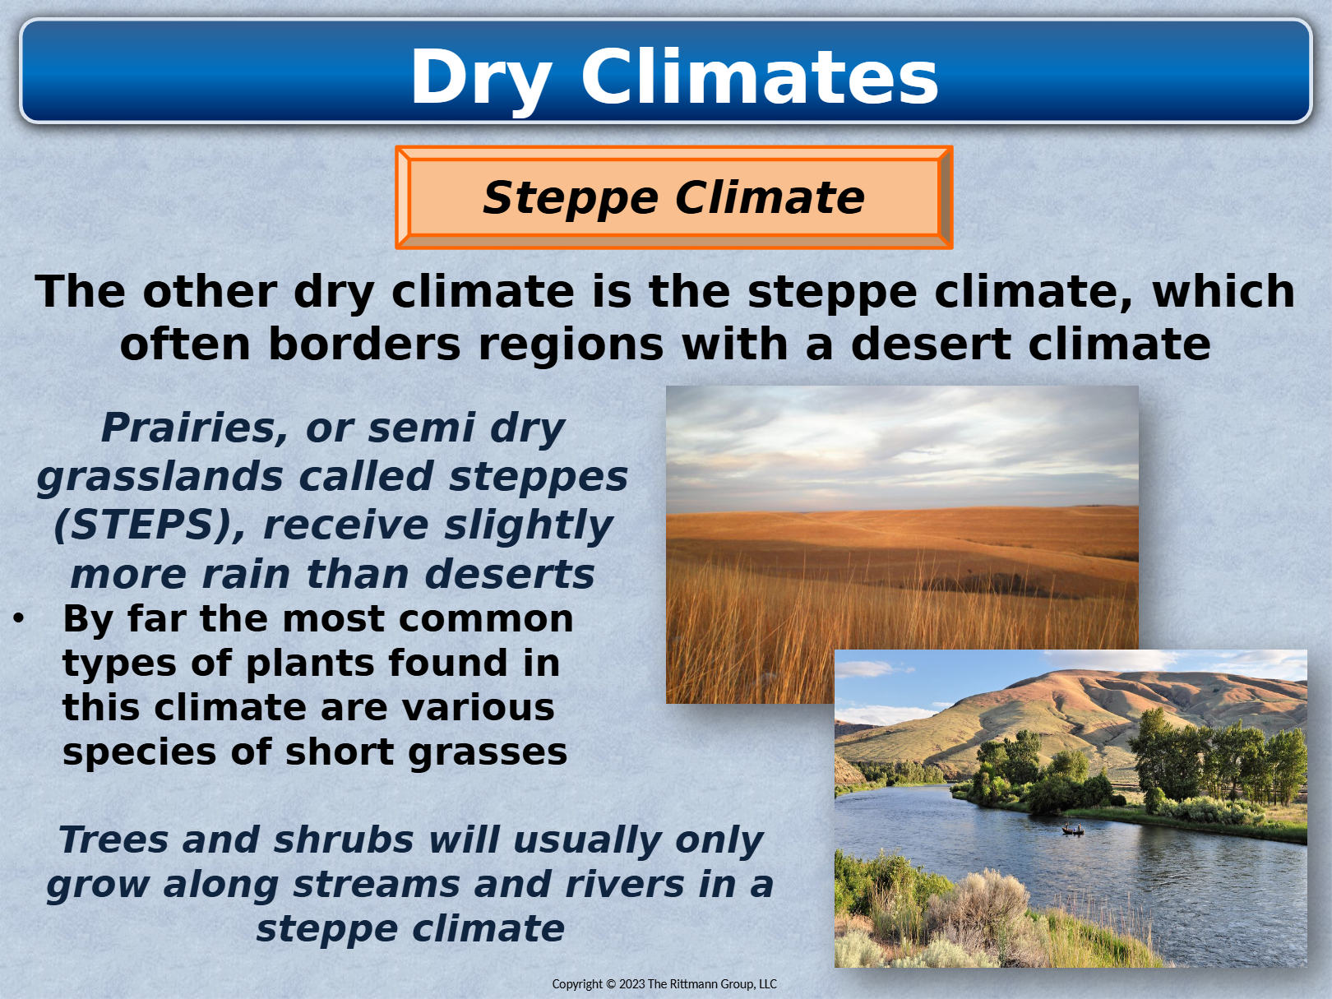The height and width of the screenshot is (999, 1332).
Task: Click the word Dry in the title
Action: [482, 80]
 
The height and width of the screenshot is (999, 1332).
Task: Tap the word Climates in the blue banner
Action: [759, 77]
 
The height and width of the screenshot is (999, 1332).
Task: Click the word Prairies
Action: [194, 429]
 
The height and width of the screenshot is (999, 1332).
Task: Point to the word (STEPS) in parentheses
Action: [150, 525]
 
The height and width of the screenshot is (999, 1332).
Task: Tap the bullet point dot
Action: [19, 618]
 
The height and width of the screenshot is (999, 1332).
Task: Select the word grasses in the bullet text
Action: [488, 753]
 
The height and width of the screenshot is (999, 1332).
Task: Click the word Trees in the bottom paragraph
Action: [113, 840]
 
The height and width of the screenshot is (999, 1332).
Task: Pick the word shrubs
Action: [344, 840]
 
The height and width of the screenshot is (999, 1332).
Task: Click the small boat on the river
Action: [1072, 830]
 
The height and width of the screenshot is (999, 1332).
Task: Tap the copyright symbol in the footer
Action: [611, 984]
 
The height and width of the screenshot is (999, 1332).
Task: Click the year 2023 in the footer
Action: [631, 984]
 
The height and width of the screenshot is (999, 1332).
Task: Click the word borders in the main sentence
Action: [364, 345]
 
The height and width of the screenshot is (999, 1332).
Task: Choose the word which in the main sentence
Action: [1223, 292]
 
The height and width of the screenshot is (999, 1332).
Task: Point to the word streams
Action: [376, 885]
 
